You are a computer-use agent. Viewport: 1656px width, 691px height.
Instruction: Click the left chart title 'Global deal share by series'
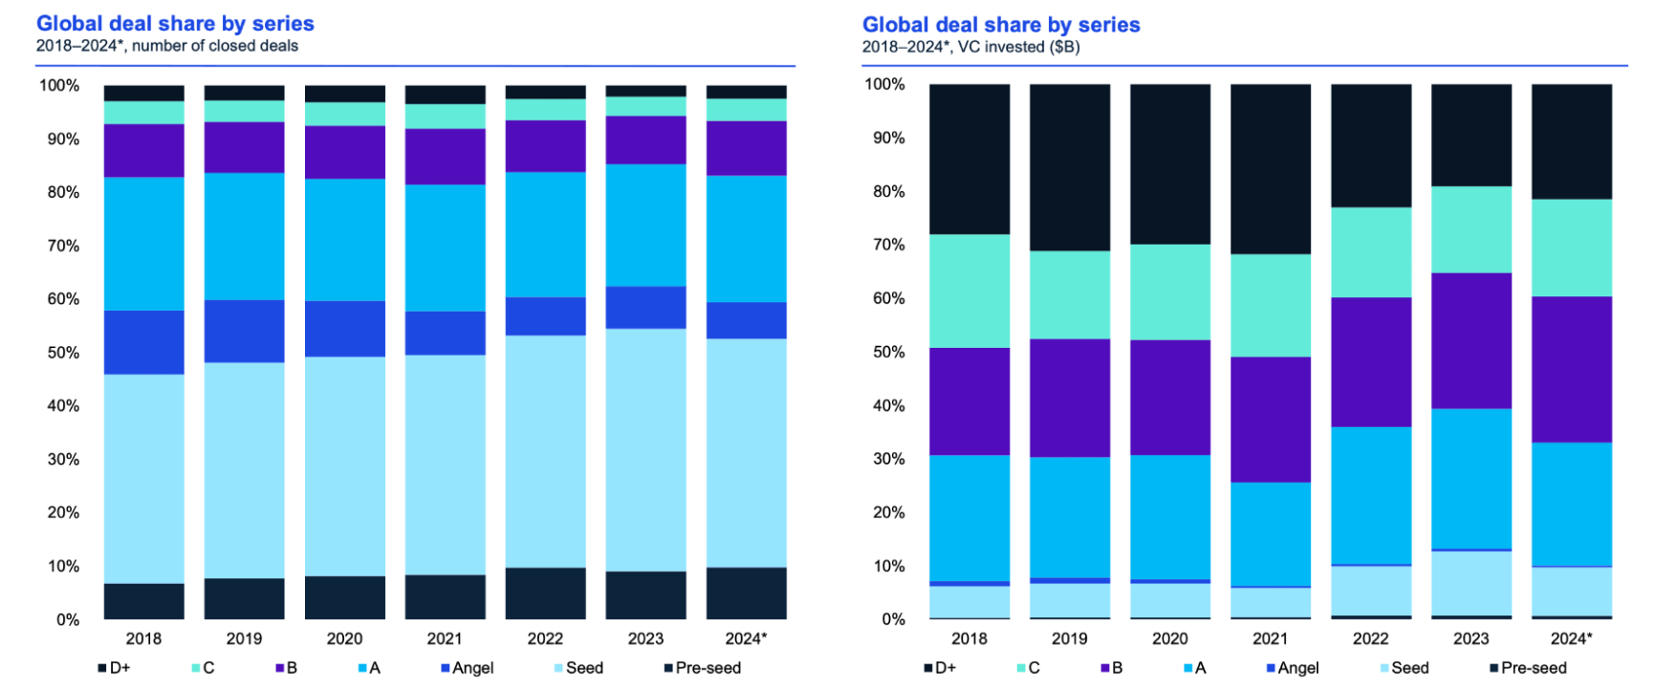pyautogui.click(x=175, y=23)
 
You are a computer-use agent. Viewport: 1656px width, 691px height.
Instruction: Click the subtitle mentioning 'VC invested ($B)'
pyautogui.click(x=970, y=47)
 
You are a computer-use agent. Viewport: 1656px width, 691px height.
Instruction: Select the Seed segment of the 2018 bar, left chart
pyautogui.click(x=143, y=478)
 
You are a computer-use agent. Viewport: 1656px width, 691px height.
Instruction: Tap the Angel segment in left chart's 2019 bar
pyautogui.click(x=244, y=331)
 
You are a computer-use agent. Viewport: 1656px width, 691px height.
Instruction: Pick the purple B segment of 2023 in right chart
pyautogui.click(x=1471, y=340)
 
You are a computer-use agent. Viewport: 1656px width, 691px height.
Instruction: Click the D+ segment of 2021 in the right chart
pyautogui.click(x=1270, y=168)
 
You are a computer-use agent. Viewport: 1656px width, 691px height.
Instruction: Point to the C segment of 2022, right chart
pyautogui.click(x=1370, y=252)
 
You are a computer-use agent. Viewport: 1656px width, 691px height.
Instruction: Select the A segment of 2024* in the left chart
pyautogui.click(x=746, y=238)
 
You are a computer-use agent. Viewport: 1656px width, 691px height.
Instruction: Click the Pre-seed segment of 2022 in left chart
pyautogui.click(x=545, y=593)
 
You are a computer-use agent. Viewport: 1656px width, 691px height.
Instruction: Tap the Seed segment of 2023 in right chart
pyautogui.click(x=1471, y=583)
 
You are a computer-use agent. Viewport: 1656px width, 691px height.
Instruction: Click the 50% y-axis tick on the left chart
pyautogui.click(x=59, y=353)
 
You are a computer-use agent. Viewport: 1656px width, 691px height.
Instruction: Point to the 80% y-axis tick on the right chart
pyautogui.click(x=884, y=191)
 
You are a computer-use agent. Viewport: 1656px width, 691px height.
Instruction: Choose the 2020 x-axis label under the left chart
pyautogui.click(x=344, y=638)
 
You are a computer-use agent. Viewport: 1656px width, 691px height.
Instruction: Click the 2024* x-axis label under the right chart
pyautogui.click(x=1572, y=638)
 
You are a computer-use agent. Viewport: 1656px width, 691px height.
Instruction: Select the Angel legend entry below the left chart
pyautogui.click(x=468, y=668)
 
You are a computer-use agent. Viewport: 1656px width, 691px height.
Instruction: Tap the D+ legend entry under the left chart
pyautogui.click(x=114, y=668)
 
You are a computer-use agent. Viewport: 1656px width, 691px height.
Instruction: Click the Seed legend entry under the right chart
pyautogui.click(x=1405, y=668)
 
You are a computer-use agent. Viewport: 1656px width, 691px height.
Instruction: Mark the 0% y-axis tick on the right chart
pyautogui.click(x=893, y=619)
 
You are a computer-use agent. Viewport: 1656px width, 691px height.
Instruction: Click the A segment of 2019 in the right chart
pyautogui.click(x=1069, y=517)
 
